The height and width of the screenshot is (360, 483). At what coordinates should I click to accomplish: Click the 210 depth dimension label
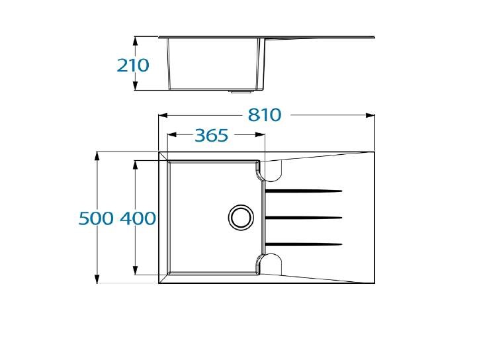click(x=133, y=66)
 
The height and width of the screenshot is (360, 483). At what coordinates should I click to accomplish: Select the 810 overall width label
click(x=265, y=115)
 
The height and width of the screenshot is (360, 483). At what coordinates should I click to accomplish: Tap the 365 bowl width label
click(x=212, y=135)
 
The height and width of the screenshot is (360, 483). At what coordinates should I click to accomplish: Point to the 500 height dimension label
click(x=96, y=218)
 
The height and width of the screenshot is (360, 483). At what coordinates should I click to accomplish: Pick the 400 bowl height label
click(x=138, y=218)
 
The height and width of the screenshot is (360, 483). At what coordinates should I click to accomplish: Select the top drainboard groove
click(x=304, y=191)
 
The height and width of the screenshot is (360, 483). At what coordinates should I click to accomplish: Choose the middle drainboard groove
click(x=304, y=218)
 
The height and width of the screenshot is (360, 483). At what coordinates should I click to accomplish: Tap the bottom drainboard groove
click(x=304, y=244)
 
